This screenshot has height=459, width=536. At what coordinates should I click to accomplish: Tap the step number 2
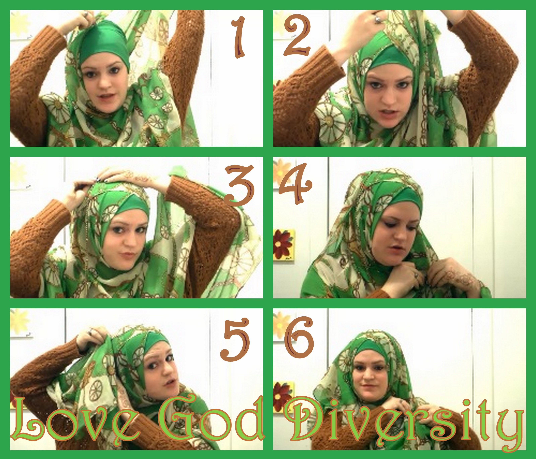point(297,35)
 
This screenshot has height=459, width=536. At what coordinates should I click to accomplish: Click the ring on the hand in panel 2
point(377,19)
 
